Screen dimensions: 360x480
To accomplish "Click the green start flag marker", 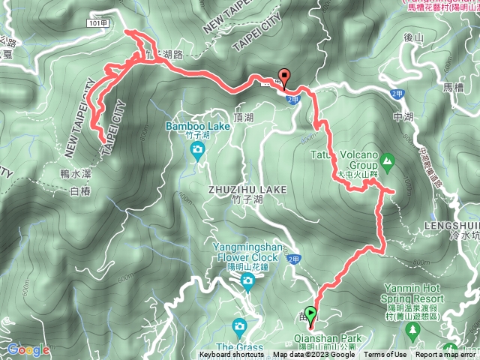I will [311, 316].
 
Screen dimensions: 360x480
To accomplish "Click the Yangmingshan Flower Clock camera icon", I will [247, 282].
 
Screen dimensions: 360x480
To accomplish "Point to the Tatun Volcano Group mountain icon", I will [387, 160].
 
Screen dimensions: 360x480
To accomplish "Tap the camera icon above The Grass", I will [239, 325].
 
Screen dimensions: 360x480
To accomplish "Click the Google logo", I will [28, 349].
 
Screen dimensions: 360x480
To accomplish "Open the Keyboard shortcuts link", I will [232, 355].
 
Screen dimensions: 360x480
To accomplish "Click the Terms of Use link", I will [385, 355].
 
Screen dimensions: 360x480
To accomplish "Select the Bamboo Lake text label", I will [198, 127].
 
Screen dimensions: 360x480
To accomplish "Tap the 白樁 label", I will [79, 192].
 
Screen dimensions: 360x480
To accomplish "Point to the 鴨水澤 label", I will [75, 173].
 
